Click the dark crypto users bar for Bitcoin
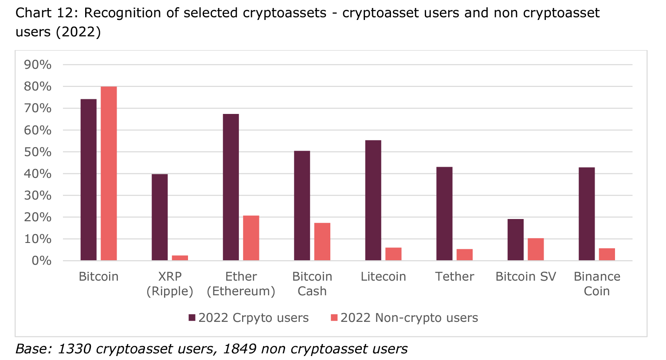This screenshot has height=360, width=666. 88,180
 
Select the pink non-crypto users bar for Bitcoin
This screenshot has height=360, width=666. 109,173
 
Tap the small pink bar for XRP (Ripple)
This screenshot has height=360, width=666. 180,258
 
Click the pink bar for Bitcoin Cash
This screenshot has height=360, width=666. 322,242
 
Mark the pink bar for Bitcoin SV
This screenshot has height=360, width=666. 536,249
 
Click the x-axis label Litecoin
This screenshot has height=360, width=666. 383,277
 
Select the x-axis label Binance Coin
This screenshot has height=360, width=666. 597,284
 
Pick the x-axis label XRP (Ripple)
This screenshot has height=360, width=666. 170,284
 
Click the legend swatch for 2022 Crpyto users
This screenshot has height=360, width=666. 192,318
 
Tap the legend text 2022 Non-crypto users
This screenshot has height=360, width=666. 409,318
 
